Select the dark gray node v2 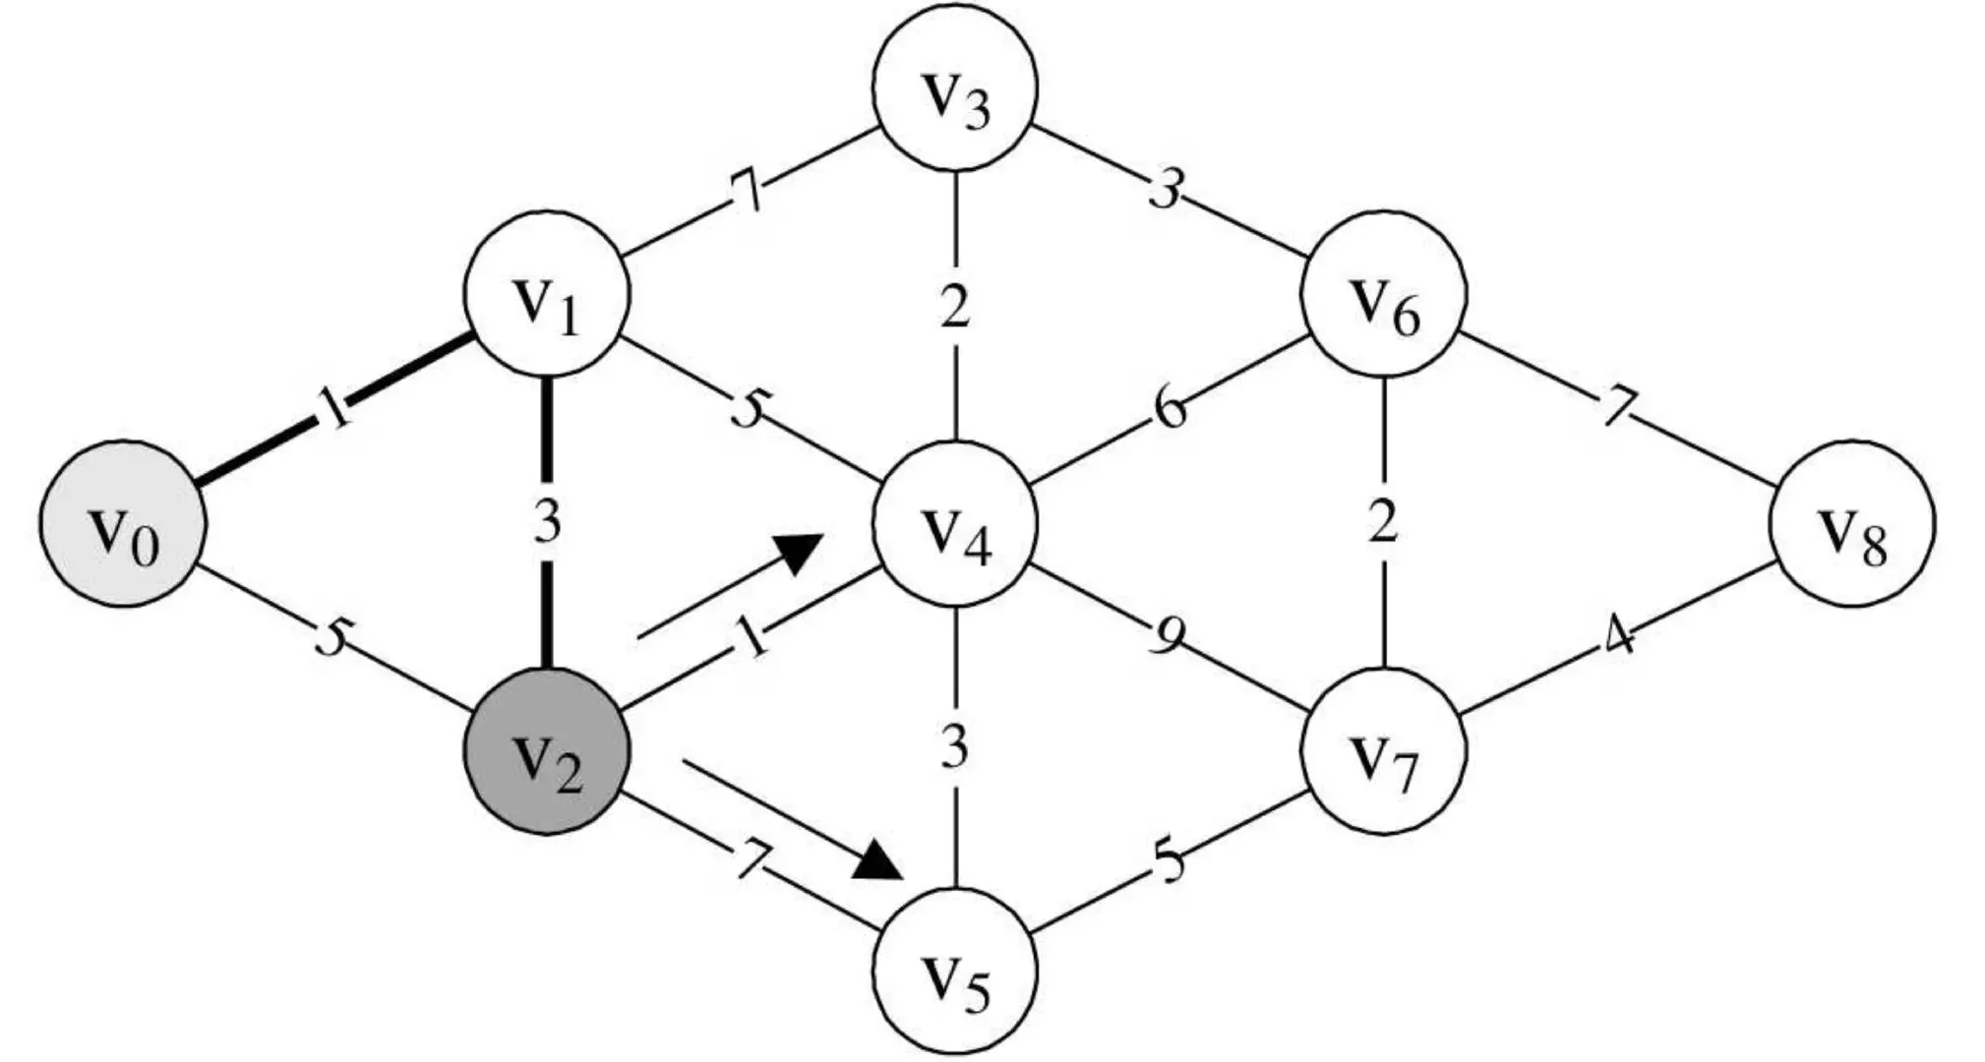point(547,752)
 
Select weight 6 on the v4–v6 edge point(1170,409)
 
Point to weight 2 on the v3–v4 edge point(954,307)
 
